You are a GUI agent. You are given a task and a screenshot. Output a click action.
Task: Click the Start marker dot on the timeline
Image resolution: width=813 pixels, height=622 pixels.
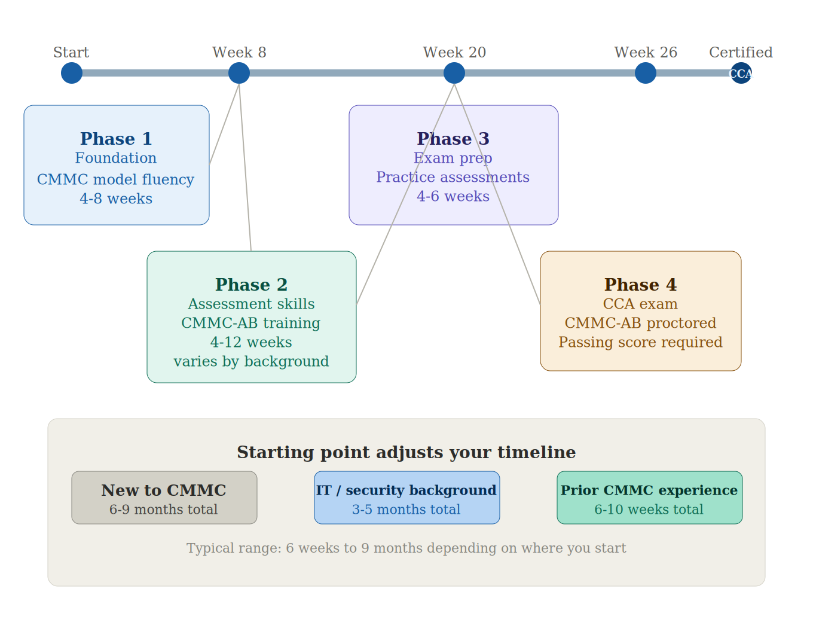(x=72, y=73)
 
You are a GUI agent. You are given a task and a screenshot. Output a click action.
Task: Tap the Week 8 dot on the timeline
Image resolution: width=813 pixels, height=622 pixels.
(x=239, y=73)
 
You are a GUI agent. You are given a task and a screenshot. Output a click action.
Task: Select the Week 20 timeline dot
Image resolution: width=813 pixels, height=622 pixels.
(x=454, y=73)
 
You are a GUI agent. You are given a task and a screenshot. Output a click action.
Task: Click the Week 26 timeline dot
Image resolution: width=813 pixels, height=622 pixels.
(x=646, y=73)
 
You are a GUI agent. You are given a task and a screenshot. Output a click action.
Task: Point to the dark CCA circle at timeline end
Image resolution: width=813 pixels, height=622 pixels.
(x=741, y=73)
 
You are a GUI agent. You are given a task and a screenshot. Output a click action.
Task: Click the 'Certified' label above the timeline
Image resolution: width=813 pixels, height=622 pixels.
(x=741, y=53)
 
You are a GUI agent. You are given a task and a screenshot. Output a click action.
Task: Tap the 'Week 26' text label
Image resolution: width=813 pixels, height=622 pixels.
(x=646, y=53)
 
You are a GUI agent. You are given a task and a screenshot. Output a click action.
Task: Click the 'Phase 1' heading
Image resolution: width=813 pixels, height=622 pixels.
(x=116, y=139)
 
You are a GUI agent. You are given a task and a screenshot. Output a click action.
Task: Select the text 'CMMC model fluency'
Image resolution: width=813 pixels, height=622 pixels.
(x=115, y=179)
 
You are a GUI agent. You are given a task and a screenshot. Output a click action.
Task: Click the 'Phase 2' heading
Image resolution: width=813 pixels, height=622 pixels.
(x=251, y=285)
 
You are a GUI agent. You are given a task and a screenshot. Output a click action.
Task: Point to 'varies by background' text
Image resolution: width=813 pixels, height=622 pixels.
(x=251, y=361)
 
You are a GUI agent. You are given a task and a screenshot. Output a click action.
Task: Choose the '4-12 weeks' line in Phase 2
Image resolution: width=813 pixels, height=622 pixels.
(x=251, y=342)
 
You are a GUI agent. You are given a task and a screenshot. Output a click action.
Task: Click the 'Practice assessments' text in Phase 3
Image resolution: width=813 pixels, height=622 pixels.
(x=453, y=177)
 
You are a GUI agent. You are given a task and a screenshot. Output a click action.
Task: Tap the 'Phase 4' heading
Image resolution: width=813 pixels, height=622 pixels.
(x=640, y=285)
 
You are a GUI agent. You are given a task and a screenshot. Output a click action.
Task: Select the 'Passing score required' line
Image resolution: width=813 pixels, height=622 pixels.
(x=640, y=342)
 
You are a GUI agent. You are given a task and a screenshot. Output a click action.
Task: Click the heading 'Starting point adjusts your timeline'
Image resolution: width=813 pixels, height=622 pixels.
(x=406, y=452)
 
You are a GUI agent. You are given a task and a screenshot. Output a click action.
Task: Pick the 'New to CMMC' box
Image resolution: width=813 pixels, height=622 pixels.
(x=164, y=498)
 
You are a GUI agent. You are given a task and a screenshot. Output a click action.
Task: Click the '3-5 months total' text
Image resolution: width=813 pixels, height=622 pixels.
(x=406, y=510)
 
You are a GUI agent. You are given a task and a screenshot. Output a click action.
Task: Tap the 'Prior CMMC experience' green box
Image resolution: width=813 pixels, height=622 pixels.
(x=649, y=498)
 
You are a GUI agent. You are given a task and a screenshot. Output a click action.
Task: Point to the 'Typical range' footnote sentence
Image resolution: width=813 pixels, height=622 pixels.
(x=406, y=548)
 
